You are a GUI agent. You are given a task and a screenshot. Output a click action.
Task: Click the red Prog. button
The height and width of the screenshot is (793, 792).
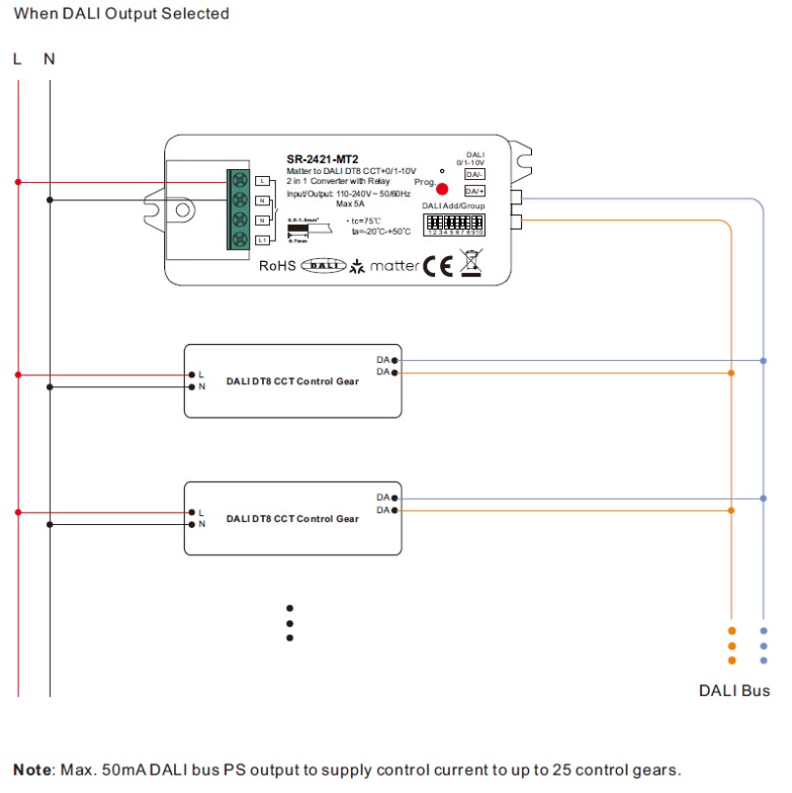442,189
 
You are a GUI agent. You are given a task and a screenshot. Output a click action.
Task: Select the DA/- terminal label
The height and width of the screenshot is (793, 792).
474,173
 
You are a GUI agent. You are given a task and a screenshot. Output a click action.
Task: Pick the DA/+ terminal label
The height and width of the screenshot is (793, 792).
474,191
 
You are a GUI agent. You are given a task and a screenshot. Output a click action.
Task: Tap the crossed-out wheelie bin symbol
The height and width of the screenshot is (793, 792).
471,263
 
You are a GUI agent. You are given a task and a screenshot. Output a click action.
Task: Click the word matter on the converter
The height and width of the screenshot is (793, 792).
394,266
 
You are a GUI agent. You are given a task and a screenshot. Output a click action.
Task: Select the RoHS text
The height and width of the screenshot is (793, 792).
278,266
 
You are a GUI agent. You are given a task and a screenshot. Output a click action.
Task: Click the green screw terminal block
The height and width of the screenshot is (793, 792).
238,209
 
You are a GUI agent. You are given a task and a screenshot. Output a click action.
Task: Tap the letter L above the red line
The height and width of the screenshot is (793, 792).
18,59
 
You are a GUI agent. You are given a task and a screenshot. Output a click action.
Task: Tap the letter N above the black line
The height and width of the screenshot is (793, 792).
49,59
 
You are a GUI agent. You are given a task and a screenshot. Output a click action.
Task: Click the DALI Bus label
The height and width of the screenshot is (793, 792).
734,691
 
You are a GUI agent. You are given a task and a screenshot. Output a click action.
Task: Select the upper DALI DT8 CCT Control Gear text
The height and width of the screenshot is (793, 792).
292,381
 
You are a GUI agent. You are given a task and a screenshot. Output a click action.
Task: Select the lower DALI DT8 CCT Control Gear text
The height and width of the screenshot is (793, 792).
292,518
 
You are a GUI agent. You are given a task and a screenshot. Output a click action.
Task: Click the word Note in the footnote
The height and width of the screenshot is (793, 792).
34,770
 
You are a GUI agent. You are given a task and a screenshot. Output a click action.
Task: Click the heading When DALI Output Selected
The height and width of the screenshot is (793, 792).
122,14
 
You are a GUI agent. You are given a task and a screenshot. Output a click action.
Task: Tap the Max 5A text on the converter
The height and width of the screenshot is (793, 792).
351,203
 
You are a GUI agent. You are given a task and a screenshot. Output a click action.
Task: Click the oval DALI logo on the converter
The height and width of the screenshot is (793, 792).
323,266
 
